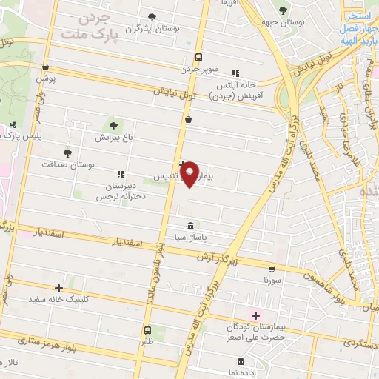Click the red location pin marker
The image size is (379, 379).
pyautogui.click(x=190, y=174)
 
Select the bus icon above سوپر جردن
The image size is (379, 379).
pyautogui.click(x=198, y=57)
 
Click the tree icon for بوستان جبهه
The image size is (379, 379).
pyautogui.click(x=282, y=10)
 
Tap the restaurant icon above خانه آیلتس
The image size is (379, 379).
pyautogui.click(x=235, y=73)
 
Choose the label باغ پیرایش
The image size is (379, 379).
pyautogui.click(x=113, y=137)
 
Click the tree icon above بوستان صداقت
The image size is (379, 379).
pyautogui.click(x=67, y=152)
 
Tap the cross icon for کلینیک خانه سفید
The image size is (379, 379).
pyautogui.click(x=58, y=288)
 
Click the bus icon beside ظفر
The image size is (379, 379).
pyautogui.click(x=147, y=330)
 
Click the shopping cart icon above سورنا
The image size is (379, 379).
pyautogui.click(x=272, y=269)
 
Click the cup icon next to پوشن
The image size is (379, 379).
pyautogui.click(x=45, y=67)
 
